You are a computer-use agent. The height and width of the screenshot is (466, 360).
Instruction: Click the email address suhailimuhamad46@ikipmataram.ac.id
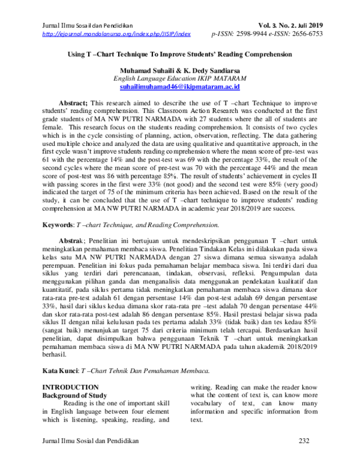tap(181, 87)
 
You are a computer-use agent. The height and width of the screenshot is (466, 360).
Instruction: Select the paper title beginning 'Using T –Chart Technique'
tap(181, 54)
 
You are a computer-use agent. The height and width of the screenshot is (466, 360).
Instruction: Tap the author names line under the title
tap(181, 70)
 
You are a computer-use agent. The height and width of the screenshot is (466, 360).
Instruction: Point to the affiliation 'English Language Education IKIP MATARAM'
tap(181, 79)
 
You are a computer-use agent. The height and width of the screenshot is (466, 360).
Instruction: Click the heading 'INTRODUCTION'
tap(64, 388)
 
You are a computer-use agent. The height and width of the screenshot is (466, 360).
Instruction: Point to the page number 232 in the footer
tap(304, 443)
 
